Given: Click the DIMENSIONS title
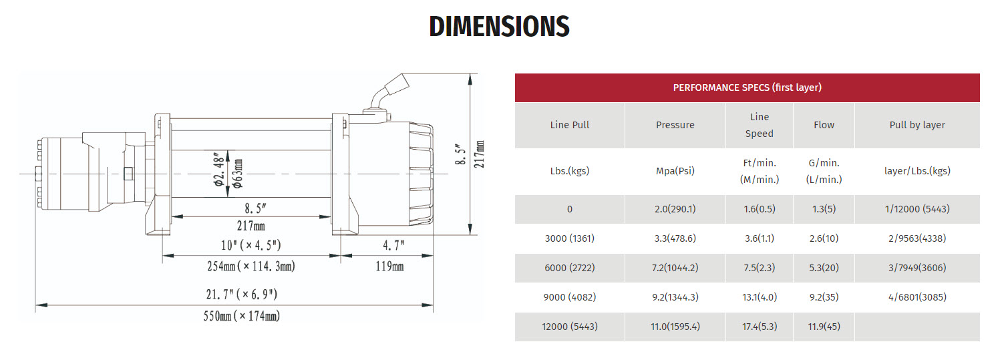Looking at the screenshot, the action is click(499, 26).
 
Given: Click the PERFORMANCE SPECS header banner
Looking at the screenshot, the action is click(747, 87).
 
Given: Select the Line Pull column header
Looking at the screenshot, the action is click(569, 125).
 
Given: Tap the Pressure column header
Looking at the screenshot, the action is click(675, 125).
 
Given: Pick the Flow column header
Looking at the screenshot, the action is click(824, 125).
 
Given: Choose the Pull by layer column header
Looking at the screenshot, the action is click(917, 125).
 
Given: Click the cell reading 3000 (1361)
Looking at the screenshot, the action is click(569, 238).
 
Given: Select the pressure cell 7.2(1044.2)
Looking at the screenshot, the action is click(675, 268).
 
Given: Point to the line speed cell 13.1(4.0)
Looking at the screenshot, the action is click(760, 297).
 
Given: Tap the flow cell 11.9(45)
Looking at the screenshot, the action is click(824, 327).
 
